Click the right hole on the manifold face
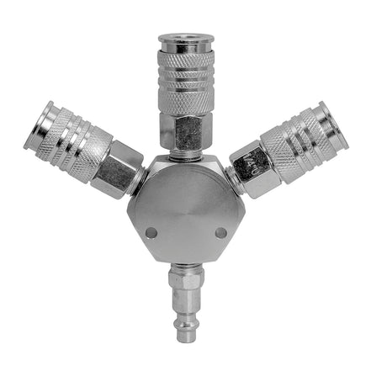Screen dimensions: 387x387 coord(220,232)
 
